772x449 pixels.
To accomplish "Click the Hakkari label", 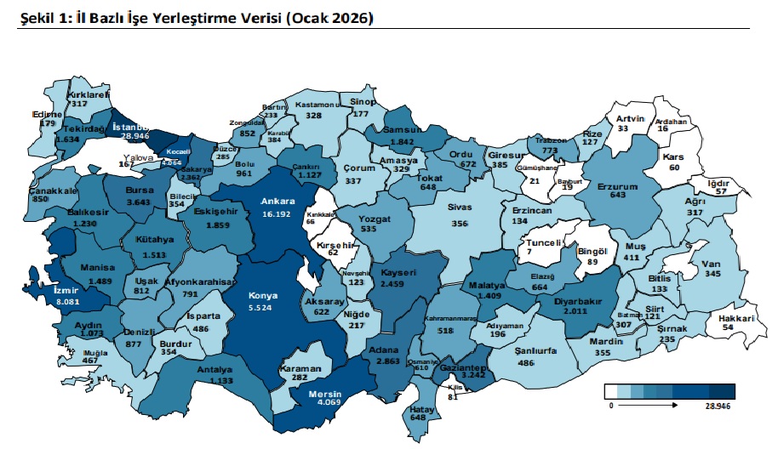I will (738, 317).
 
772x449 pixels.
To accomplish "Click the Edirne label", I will (46, 113).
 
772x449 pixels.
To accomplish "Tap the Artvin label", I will (630, 118).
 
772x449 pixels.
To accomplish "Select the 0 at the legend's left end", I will (610, 407).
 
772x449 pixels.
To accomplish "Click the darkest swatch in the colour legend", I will (723, 391).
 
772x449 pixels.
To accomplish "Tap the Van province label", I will (712, 264).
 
